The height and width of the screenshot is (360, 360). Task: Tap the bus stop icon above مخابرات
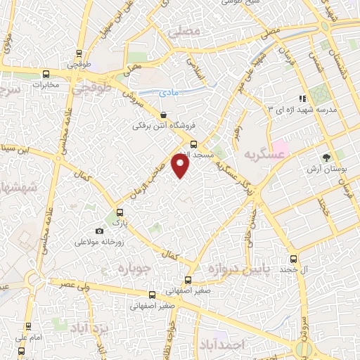pyautogui.click(x=46, y=74)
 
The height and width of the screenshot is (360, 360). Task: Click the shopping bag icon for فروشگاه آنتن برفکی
pyautogui.click(x=163, y=115)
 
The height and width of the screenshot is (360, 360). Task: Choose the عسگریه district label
pyautogui.click(x=264, y=153)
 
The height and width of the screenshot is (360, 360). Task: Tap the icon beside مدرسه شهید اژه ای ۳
pyautogui.click(x=302, y=98)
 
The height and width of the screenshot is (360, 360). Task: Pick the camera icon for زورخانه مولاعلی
pyautogui.click(x=99, y=231)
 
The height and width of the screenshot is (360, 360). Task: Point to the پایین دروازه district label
pyautogui.click(x=237, y=269)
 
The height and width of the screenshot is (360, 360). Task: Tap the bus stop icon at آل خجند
pyautogui.click(x=294, y=258)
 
